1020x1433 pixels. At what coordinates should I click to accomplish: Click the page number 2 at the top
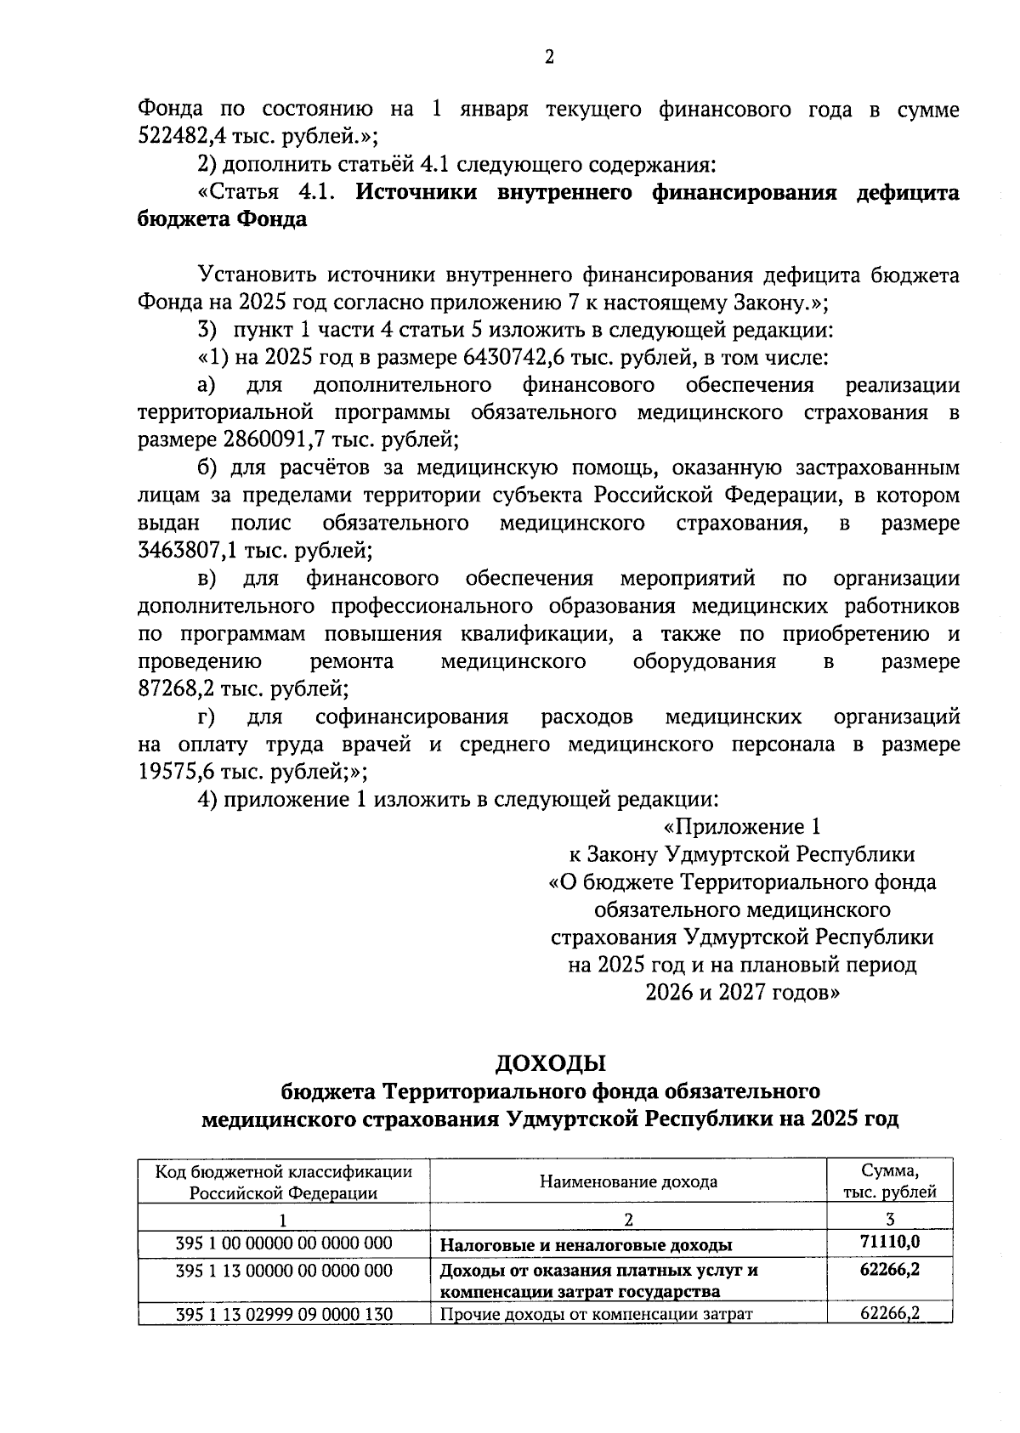click(x=548, y=57)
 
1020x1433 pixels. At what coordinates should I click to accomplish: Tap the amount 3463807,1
click(x=187, y=551)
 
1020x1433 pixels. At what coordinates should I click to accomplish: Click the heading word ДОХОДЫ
click(x=550, y=1062)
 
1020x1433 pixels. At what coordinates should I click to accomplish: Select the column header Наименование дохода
click(x=628, y=1181)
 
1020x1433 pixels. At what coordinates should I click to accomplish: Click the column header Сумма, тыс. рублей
click(x=890, y=1181)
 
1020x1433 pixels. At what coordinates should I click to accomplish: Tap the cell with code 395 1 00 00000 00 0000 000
click(x=284, y=1243)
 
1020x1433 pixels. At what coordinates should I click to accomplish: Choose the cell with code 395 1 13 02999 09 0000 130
click(x=284, y=1314)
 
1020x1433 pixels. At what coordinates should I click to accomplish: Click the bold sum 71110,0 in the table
click(x=890, y=1243)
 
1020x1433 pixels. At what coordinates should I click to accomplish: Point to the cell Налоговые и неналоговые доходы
click(x=586, y=1246)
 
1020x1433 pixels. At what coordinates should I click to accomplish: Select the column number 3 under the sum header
click(x=890, y=1219)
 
